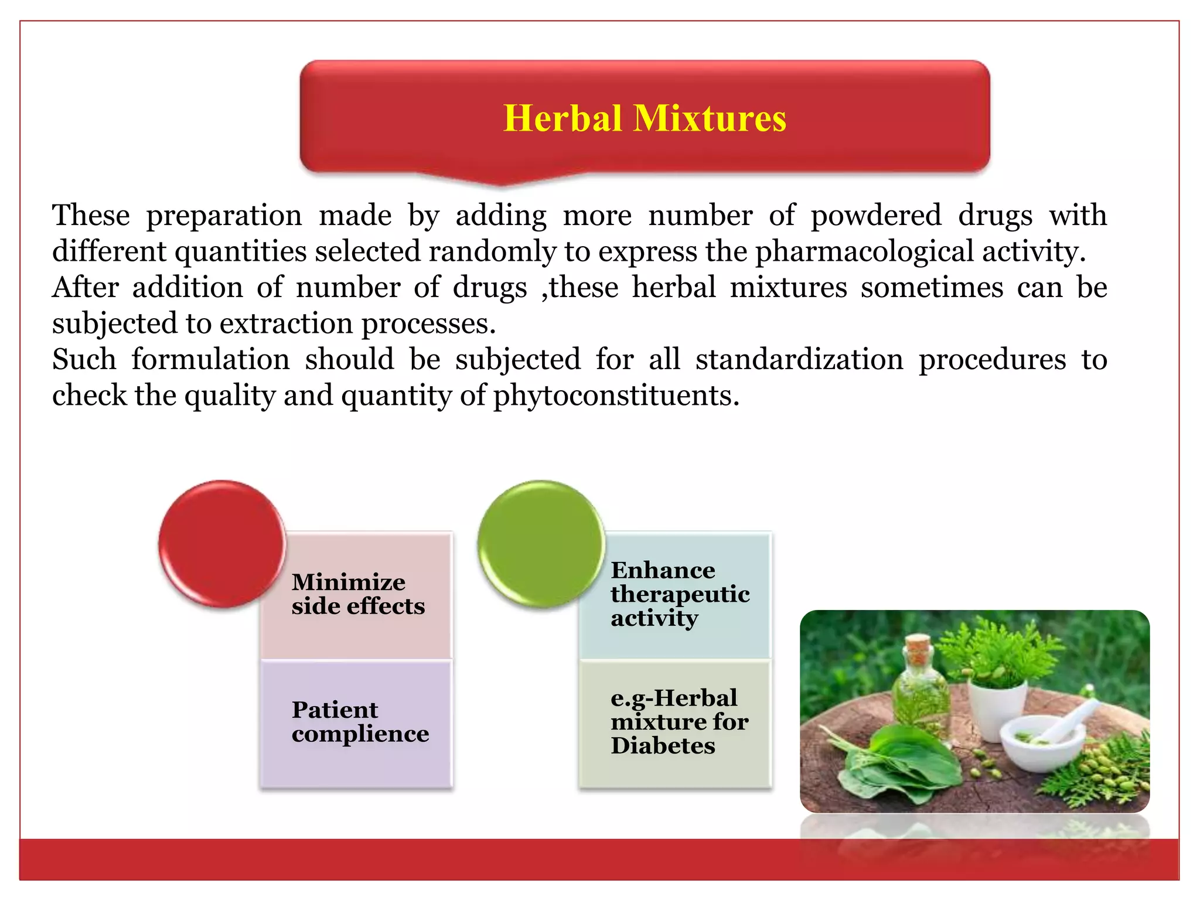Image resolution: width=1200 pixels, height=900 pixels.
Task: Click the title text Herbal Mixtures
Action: [x=645, y=118]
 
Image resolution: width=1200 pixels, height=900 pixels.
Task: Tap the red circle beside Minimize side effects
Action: [x=222, y=543]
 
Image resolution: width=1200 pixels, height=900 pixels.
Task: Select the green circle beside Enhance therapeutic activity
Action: [x=541, y=543]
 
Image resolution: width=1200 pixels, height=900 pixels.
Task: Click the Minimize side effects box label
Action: [x=358, y=594]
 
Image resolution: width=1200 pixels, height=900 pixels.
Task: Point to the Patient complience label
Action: [x=360, y=722]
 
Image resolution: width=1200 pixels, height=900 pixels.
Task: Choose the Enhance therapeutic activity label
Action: [x=680, y=594]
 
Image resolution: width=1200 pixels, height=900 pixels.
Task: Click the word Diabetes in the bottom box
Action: [x=663, y=746]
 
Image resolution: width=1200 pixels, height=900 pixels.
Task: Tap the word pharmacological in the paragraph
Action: [x=864, y=251]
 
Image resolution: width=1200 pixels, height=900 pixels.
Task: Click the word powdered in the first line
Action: [x=876, y=215]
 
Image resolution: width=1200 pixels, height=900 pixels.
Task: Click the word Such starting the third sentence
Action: [x=84, y=359]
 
